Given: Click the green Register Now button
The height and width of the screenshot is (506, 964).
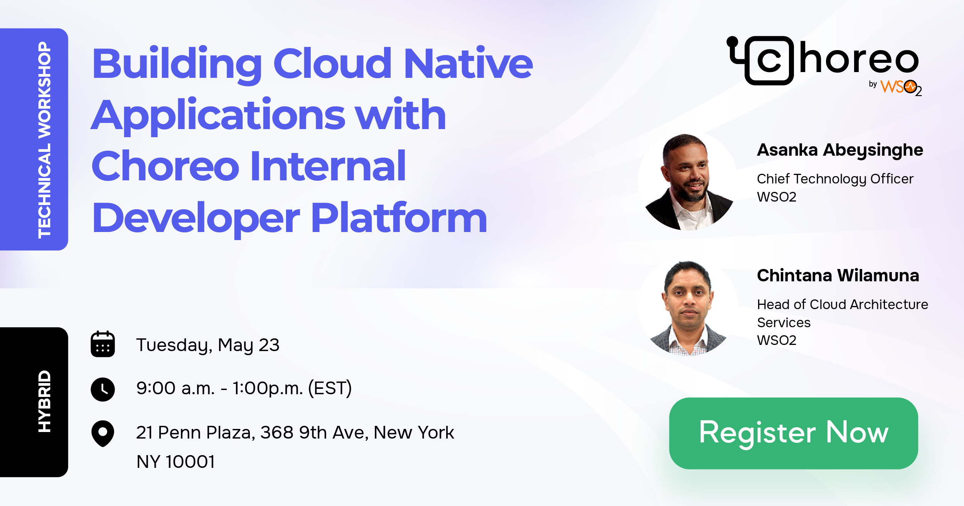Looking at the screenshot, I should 793,433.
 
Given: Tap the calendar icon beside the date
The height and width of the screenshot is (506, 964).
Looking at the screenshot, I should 103,344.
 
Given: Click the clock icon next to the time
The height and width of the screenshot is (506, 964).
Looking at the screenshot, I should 103,389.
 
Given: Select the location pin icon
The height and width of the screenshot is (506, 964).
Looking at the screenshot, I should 103,433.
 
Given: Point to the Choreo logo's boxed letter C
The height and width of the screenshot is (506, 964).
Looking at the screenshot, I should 769,61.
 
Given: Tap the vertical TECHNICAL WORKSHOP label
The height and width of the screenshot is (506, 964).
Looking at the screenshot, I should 44,140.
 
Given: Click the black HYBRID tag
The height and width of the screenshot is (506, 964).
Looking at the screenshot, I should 44,401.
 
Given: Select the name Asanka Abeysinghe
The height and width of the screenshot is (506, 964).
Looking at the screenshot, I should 840,150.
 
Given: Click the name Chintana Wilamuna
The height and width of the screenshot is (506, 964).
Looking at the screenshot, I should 838,276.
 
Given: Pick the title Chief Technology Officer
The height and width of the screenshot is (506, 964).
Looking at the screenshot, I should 835,179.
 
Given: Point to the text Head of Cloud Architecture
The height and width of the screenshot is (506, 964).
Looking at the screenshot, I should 842,304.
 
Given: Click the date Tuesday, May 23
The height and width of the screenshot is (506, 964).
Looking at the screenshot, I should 207,345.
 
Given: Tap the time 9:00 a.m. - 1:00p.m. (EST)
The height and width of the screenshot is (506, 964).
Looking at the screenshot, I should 244,388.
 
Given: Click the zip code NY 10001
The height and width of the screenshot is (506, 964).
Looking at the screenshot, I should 175,462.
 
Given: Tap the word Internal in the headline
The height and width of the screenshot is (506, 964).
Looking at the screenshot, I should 328,166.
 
